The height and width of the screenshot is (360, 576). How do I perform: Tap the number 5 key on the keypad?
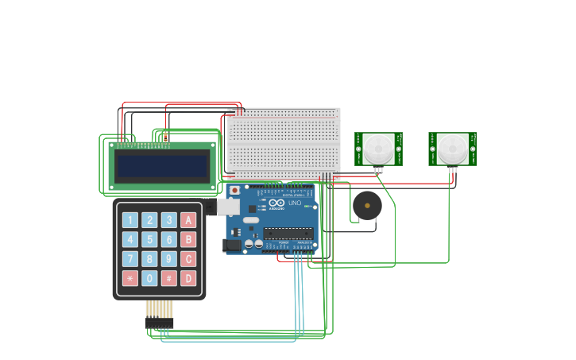149,239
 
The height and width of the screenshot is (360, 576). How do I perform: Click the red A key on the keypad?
188,220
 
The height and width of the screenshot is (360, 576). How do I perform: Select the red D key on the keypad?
188,278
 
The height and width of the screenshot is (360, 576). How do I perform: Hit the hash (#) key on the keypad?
168,278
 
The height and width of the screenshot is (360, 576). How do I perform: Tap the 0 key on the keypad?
149,278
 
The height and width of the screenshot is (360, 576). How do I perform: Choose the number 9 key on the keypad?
168,258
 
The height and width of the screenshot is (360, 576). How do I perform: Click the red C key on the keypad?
188,258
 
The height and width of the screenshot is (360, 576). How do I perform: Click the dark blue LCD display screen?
162,167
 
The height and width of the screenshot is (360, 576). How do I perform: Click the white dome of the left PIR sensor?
378,149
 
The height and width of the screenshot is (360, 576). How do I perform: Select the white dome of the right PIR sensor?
452,149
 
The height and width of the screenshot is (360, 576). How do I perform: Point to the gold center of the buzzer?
367,206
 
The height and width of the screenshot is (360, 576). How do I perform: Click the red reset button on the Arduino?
234,191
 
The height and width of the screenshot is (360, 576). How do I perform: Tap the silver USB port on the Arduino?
228,207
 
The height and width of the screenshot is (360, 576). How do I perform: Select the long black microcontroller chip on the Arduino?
288,233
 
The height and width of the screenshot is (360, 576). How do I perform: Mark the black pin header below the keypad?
159,323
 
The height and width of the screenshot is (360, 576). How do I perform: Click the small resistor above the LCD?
165,137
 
